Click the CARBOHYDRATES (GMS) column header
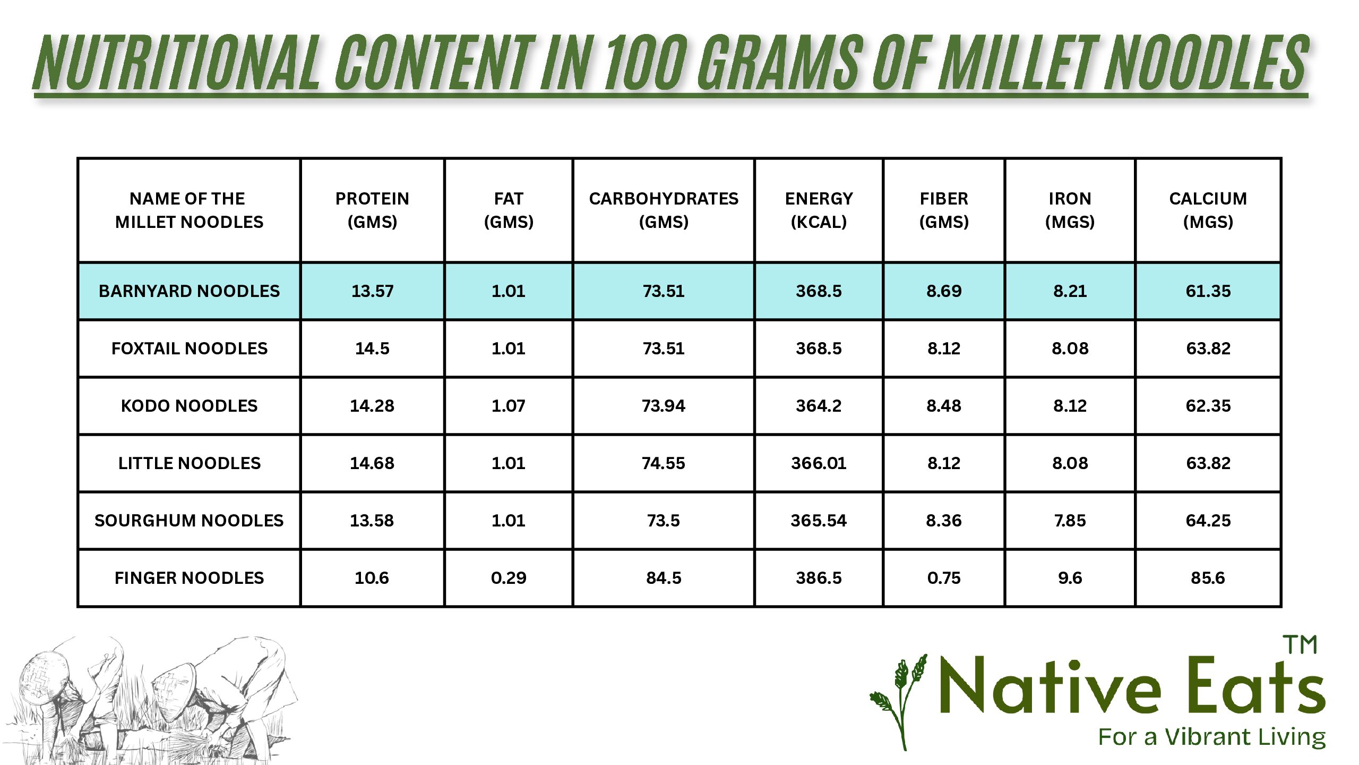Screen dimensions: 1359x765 point(664,210)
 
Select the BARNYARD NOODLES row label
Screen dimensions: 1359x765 point(189,291)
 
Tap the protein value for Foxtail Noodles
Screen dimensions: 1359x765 point(372,348)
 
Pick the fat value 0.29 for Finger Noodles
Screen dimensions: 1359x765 point(509,578)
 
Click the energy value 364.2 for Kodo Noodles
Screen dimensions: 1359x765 point(819,406)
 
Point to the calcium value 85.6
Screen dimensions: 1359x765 point(1208,578)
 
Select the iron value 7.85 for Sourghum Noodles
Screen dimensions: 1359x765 point(1070,521)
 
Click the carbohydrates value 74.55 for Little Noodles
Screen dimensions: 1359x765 point(664,463)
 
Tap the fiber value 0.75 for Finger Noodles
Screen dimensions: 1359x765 point(944,578)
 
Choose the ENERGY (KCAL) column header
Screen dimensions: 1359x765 point(819,210)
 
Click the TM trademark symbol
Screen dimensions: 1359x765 point(1300,645)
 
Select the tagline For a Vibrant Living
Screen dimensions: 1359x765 point(1212,737)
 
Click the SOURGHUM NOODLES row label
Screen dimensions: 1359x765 point(189,521)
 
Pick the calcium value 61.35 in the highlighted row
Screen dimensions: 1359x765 point(1208,291)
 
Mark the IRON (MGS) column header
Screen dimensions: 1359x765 point(1070,210)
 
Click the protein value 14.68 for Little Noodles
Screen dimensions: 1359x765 point(372,463)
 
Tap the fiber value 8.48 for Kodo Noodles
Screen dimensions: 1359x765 point(944,406)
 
